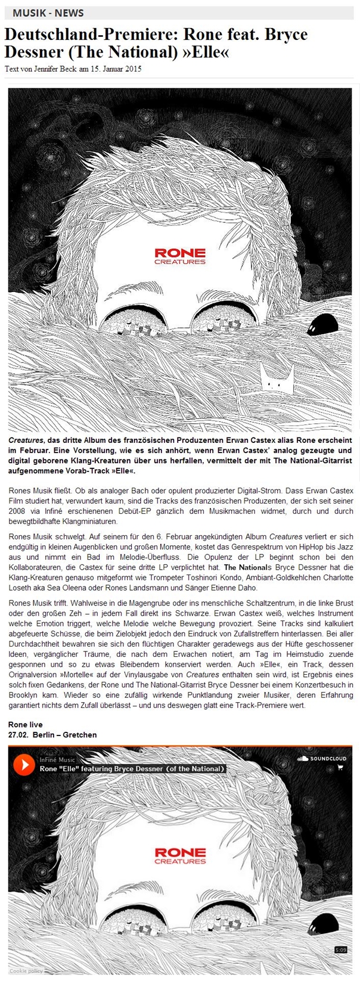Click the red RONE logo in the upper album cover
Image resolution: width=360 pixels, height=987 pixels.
click(x=180, y=254)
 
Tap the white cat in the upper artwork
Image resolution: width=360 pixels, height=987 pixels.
click(x=277, y=378)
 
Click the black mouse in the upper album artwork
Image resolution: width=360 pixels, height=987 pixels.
click(x=322, y=324)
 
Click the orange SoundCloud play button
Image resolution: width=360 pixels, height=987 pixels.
click(x=24, y=765)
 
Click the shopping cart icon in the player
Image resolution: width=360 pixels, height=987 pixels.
click(x=340, y=768)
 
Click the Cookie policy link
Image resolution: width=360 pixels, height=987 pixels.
click(x=26, y=971)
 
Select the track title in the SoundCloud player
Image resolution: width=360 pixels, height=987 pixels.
click(x=132, y=769)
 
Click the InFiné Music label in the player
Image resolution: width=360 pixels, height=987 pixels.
click(x=57, y=760)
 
